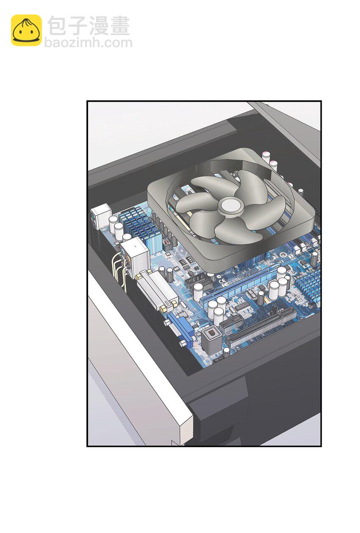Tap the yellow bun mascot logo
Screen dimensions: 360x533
point(26,30)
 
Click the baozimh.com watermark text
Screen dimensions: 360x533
point(88,43)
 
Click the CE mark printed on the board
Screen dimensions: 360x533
point(222,283)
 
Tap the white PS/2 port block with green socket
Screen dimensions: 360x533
point(101,217)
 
